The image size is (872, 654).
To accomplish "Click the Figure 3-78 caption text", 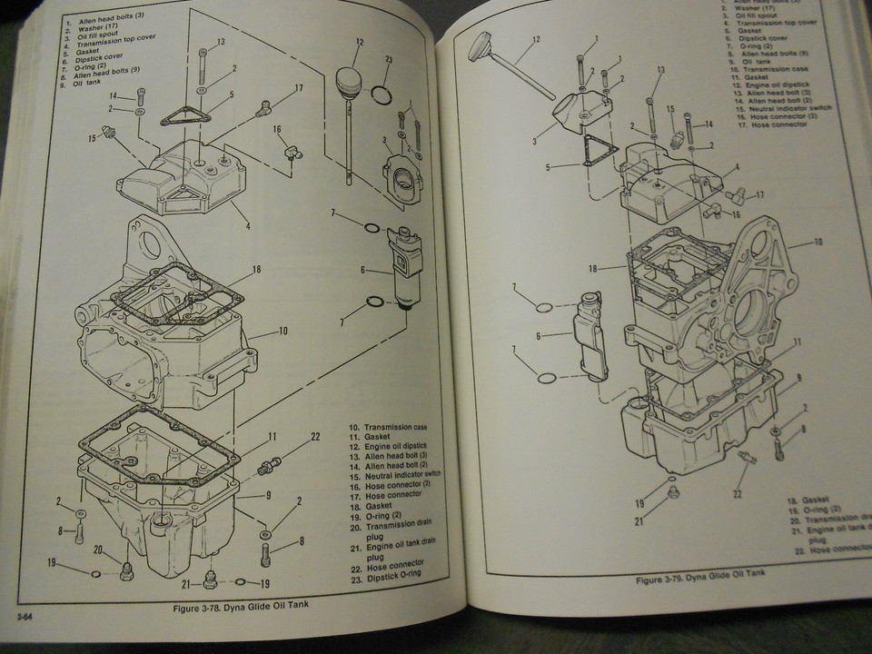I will (249, 608).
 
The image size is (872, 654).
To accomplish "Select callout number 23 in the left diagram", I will (389, 61).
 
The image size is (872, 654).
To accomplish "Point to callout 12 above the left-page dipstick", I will (360, 41).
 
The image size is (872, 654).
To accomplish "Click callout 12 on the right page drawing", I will (535, 39).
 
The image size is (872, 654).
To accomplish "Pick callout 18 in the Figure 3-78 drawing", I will (257, 270).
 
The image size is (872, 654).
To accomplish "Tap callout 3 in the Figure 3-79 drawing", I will (537, 141).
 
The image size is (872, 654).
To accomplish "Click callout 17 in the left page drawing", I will (298, 88).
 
